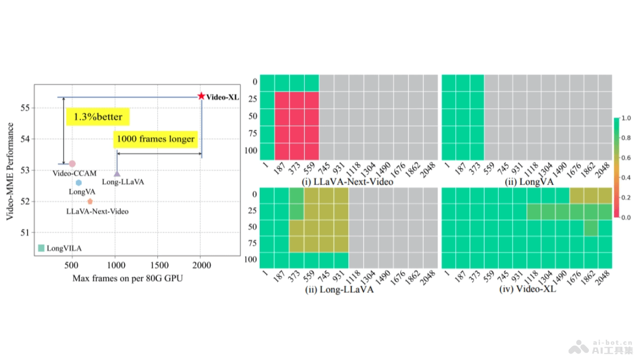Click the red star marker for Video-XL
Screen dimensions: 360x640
click(x=201, y=96)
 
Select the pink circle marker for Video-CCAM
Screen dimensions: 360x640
click(x=72, y=164)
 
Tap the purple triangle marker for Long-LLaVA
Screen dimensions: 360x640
click(x=117, y=173)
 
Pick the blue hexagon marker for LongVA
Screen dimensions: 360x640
click(x=78, y=182)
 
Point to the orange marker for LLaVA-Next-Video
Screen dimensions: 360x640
click(x=90, y=201)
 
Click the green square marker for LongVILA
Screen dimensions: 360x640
click(x=42, y=247)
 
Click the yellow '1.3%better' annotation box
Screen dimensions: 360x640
click(x=98, y=117)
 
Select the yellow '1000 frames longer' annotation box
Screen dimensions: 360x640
click(x=155, y=139)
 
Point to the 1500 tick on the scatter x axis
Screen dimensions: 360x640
click(x=158, y=265)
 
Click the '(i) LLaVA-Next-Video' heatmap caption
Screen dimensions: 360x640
click(x=348, y=182)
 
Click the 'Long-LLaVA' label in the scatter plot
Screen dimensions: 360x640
click(x=123, y=182)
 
